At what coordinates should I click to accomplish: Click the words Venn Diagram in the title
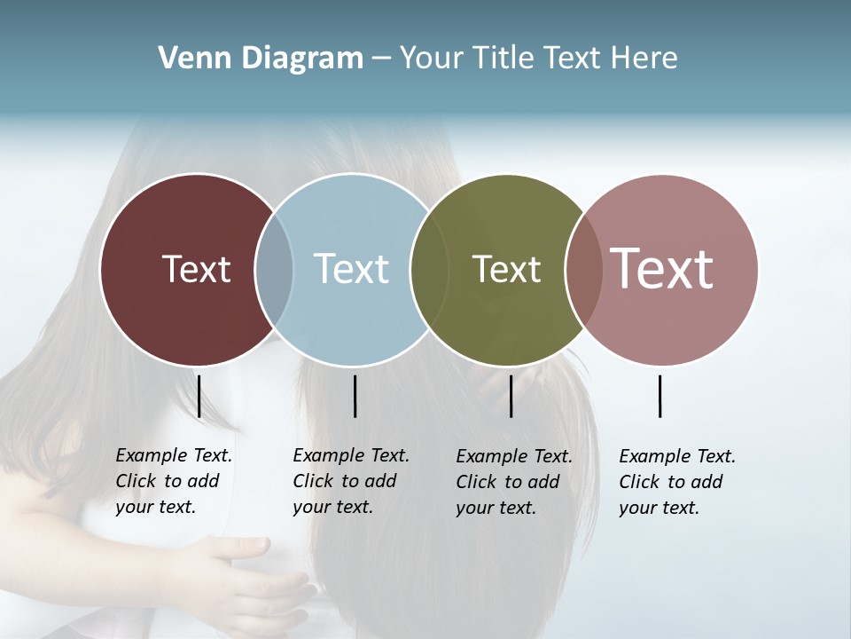pyautogui.click(x=261, y=59)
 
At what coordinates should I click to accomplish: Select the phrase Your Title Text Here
pyautogui.click(x=538, y=59)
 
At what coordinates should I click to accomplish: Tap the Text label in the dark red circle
pyautogui.click(x=196, y=269)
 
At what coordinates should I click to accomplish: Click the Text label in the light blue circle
pyautogui.click(x=351, y=269)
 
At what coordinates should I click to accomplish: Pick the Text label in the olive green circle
pyautogui.click(x=506, y=269)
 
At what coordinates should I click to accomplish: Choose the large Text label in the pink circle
pyautogui.click(x=661, y=268)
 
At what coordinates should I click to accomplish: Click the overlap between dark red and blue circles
pyautogui.click(x=274, y=269)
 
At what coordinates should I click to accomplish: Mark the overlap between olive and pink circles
pyautogui.click(x=583, y=269)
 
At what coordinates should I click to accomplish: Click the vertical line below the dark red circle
pyautogui.click(x=199, y=396)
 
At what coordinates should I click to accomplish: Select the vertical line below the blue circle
pyautogui.click(x=355, y=396)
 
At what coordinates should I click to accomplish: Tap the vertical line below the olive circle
pyautogui.click(x=511, y=396)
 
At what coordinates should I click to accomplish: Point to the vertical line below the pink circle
pyautogui.click(x=660, y=396)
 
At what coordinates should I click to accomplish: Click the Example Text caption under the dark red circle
pyautogui.click(x=173, y=481)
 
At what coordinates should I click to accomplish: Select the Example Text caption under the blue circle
pyautogui.click(x=350, y=481)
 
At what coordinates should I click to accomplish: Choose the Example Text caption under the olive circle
pyautogui.click(x=513, y=482)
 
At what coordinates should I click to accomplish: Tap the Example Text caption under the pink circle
pyautogui.click(x=676, y=482)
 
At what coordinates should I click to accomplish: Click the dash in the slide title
pyautogui.click(x=381, y=59)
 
